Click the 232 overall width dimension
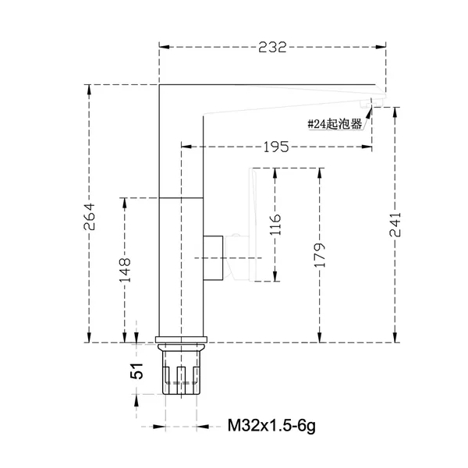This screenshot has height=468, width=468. (x=272, y=47)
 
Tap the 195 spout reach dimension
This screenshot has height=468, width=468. (x=276, y=147)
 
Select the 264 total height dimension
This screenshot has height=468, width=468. (x=89, y=216)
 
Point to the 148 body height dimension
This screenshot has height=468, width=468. (x=125, y=270)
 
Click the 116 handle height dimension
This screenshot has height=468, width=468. (x=275, y=224)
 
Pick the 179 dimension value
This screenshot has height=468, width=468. (x=320, y=254)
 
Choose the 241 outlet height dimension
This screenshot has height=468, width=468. (x=395, y=225)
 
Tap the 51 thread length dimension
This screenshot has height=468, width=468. (x=136, y=371)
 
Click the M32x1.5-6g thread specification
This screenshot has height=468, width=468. (x=271, y=426)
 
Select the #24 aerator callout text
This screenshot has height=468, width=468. (x=335, y=123)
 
